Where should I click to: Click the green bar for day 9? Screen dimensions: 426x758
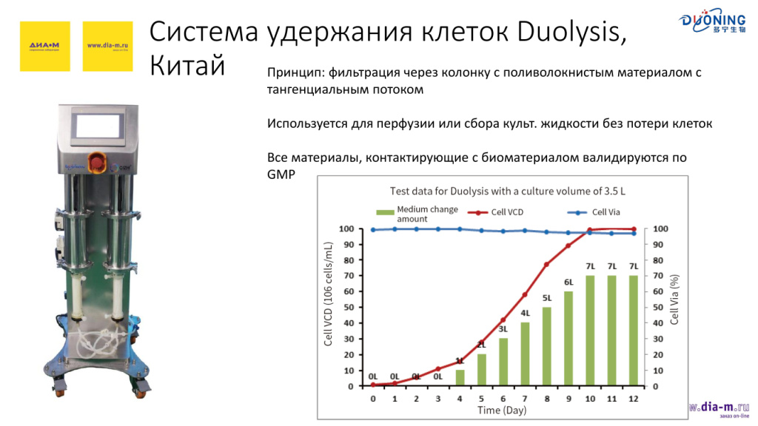[568, 339]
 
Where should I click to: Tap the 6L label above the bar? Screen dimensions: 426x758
[568, 283]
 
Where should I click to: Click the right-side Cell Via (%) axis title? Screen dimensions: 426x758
[674, 300]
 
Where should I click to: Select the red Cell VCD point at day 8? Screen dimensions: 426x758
[546, 264]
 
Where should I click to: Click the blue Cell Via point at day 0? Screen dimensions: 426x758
[373, 230]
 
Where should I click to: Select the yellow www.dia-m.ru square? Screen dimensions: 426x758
[108, 46]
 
